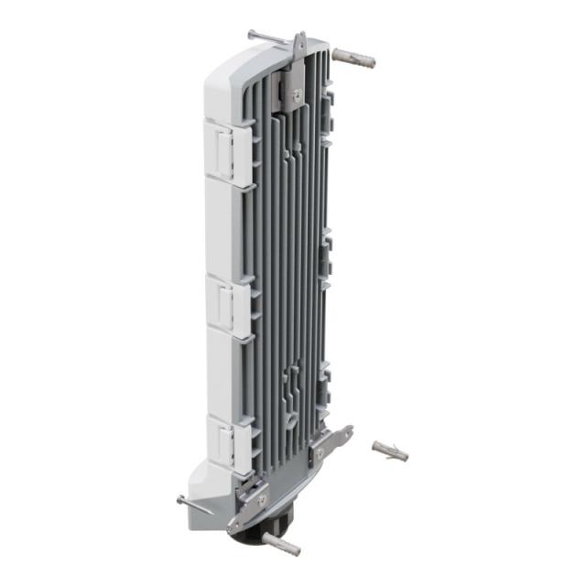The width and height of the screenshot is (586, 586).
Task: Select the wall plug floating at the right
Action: [389, 450]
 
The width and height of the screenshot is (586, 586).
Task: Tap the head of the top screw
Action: [251, 34]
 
